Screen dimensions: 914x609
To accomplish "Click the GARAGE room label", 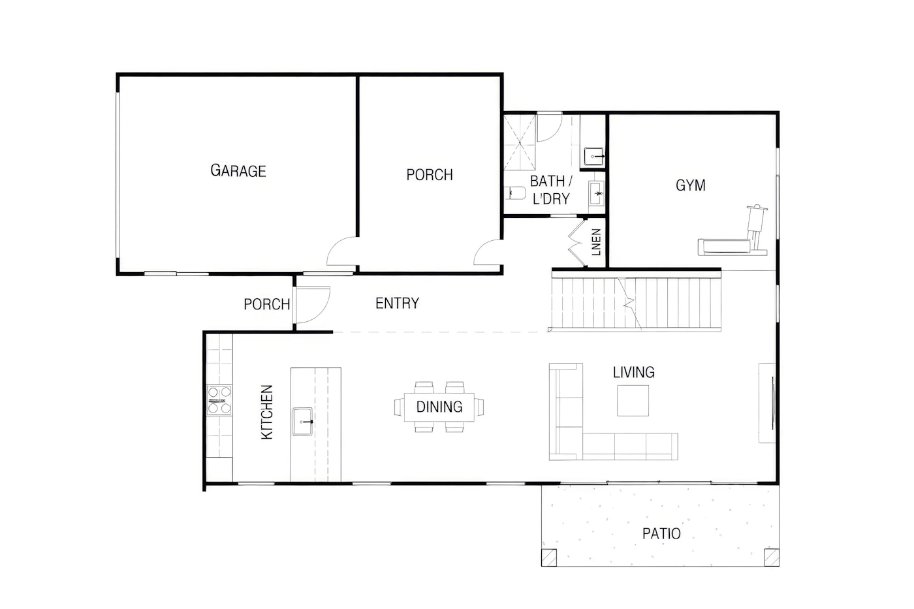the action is coord(238,170).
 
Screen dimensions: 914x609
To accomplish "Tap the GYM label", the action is coord(691,185).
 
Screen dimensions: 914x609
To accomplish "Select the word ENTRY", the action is coord(397,303).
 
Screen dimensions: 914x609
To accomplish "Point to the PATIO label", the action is coord(661,533).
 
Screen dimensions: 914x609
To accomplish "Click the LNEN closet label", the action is coord(596,242).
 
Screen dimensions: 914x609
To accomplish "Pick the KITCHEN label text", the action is coord(266,412).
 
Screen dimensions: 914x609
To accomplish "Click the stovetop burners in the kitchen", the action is coord(219,400).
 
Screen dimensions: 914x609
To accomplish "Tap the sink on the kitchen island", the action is coord(302,422).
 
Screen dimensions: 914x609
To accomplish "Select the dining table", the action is coord(439,407).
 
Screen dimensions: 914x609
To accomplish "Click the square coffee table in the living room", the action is coord(633,401).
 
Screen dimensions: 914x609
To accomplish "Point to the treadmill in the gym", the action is coord(733,231).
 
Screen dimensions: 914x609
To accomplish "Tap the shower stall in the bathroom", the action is coord(520,142).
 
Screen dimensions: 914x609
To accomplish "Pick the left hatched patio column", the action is coord(549,557).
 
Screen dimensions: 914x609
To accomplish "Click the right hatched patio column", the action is coord(772,557).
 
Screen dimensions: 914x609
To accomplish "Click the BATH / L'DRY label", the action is coord(551,190).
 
